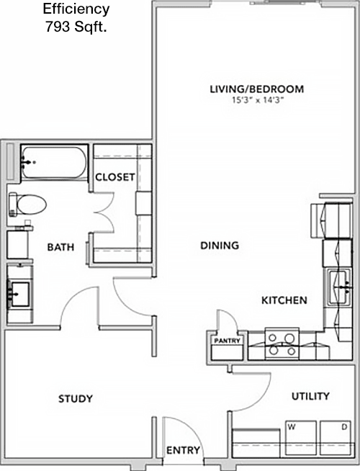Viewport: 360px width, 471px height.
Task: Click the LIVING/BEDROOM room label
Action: coord(257,89)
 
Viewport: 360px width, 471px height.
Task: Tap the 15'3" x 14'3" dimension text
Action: coord(258,100)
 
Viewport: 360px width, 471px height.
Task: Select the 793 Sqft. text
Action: coord(76,27)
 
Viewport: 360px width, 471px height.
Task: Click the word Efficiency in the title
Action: coord(76,9)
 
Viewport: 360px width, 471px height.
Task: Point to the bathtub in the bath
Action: coord(54,163)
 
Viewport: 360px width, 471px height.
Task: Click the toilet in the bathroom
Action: coord(27,205)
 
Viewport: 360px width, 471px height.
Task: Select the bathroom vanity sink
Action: coord(20,294)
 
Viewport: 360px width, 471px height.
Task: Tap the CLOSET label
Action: coord(115,177)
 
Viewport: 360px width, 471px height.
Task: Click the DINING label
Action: coord(220,246)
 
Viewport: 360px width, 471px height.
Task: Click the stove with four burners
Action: coord(282,344)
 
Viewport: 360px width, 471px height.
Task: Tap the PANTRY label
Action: coord(227,341)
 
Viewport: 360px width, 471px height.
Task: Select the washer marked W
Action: coord(300,438)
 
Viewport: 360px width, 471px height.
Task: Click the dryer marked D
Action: coord(336,438)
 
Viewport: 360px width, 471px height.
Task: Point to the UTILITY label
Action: coord(310,396)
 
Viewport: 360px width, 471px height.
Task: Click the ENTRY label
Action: coord(183,450)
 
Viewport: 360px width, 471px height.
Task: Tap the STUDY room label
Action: coord(76,398)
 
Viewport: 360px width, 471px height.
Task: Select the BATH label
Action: coord(60,247)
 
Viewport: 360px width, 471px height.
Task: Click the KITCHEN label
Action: coord(284,300)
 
